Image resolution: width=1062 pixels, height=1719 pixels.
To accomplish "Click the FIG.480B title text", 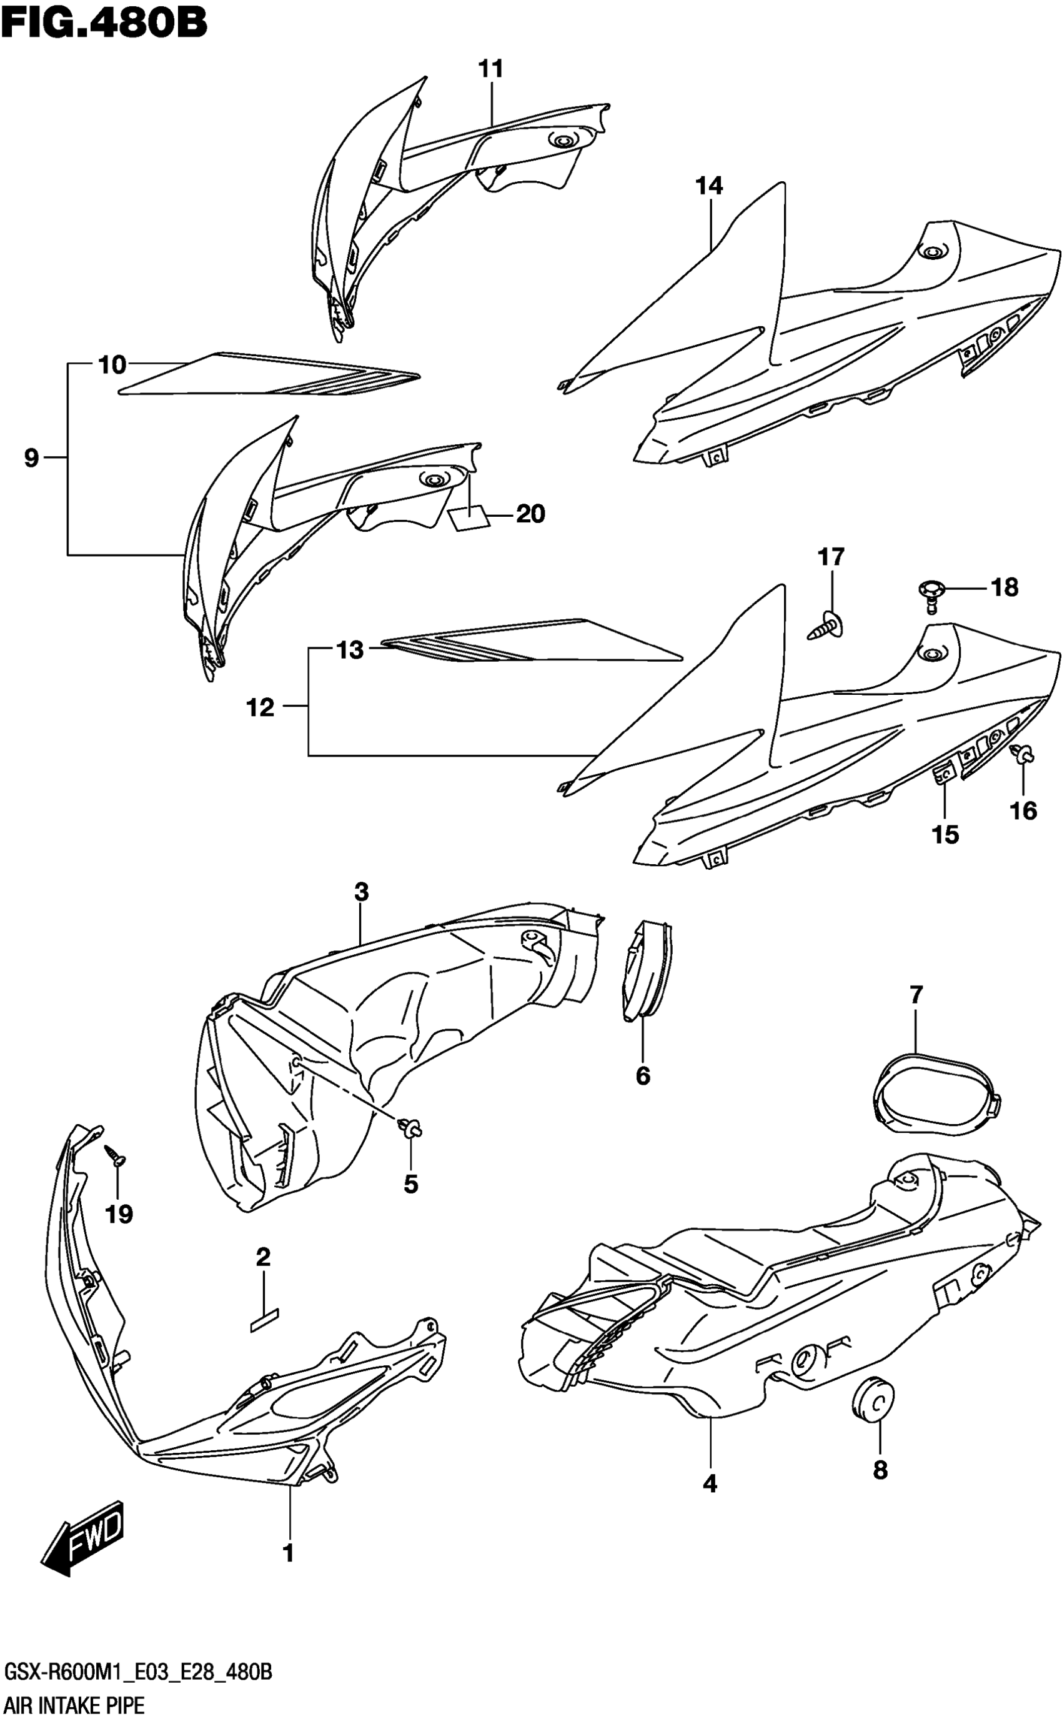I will pyautogui.click(x=104, y=22).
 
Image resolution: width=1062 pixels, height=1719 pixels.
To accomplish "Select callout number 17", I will pyautogui.click(x=831, y=557).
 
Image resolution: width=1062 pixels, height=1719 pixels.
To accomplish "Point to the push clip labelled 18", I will pyautogui.click(x=931, y=592).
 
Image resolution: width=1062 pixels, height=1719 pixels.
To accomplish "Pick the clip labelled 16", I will pyautogui.click(x=1023, y=757).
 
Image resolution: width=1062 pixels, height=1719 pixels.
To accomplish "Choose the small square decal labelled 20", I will pyautogui.click(x=469, y=518).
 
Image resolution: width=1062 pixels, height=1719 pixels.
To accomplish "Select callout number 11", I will pyautogui.click(x=491, y=69).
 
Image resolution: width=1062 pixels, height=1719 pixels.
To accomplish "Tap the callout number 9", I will pyautogui.click(x=31, y=458).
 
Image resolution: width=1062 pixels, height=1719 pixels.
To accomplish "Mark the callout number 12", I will pyautogui.click(x=260, y=707).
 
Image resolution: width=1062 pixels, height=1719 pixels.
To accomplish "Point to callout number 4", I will pyautogui.click(x=710, y=1483).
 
